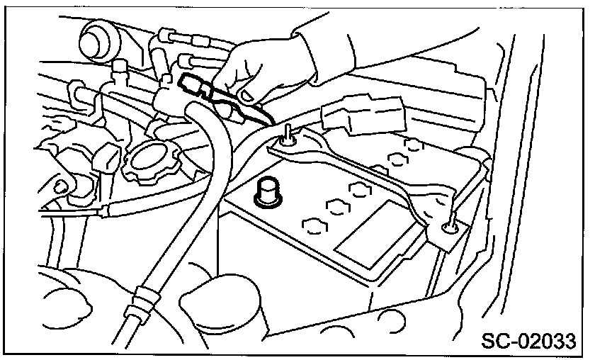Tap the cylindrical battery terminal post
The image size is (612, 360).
(268, 191)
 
